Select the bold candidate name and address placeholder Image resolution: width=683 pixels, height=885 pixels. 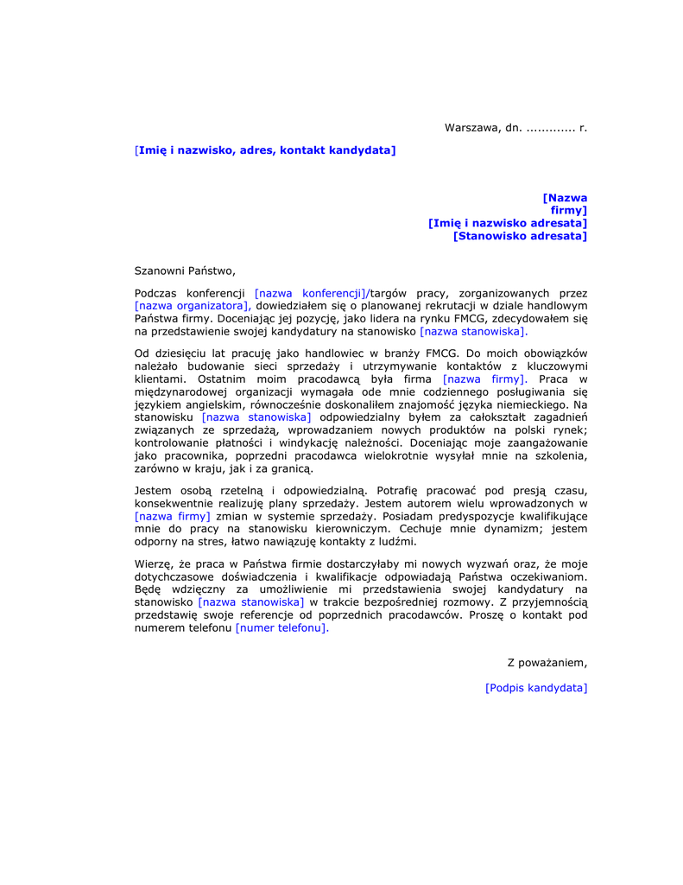pos(266,150)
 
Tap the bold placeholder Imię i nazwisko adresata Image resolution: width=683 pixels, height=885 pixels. pos(508,223)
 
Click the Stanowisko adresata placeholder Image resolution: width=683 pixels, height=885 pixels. pos(520,236)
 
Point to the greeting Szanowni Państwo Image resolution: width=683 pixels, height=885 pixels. pos(185,271)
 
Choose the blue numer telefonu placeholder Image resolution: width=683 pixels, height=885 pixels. pos(281,628)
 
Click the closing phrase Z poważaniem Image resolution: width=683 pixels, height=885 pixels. pos(547,662)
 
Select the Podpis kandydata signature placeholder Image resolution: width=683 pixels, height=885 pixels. pos(536,688)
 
